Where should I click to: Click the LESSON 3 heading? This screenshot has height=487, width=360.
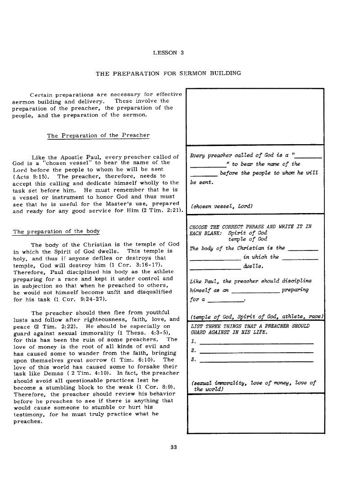(x=169, y=52)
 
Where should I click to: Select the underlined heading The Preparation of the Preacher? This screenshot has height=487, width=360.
(x=98, y=135)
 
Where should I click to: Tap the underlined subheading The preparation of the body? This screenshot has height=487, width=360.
(x=56, y=232)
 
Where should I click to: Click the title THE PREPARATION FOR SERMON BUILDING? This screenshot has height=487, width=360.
(x=168, y=73)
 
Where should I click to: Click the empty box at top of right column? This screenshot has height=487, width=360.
(x=255, y=117)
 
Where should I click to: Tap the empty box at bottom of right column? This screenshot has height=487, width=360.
(x=255, y=413)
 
